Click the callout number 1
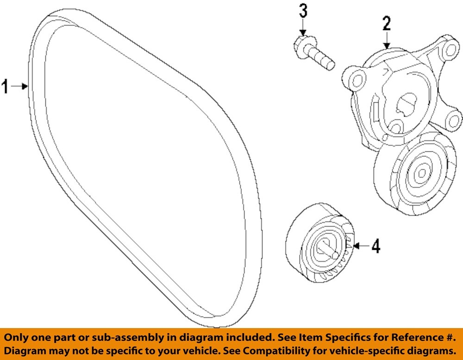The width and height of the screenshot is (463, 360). tap(6, 86)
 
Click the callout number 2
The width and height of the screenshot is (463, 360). tap(387, 23)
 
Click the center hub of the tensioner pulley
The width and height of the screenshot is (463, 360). tap(421, 173)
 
